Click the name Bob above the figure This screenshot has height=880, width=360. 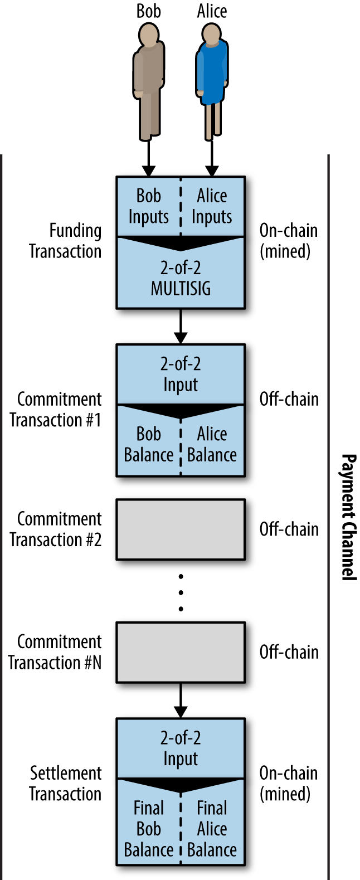[149, 11]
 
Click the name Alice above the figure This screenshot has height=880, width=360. [212, 11]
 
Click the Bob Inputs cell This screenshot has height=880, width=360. [148, 206]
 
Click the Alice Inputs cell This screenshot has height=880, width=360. [212, 206]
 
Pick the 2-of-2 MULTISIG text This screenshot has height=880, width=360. [181, 278]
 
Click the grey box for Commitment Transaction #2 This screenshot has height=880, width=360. [181, 529]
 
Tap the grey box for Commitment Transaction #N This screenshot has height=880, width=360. [181, 653]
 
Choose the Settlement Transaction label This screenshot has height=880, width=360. [66, 784]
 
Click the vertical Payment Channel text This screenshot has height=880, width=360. [348, 517]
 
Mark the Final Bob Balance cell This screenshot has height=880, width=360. [148, 829]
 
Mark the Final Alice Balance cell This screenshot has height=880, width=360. [212, 829]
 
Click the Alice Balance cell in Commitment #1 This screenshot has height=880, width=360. [212, 444]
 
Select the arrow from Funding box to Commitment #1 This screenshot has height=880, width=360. [181, 326]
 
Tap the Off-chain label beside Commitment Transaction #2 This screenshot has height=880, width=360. [289, 529]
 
